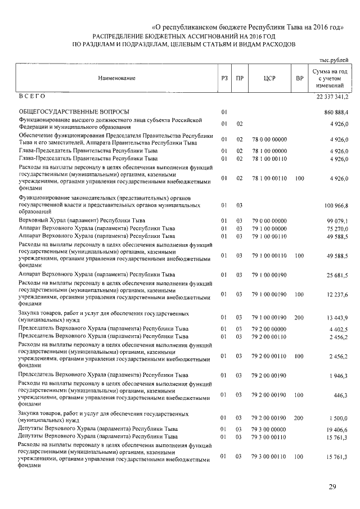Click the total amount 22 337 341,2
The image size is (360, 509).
pyautogui.click(x=328, y=97)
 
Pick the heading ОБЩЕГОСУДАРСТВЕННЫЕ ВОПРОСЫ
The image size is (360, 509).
pyautogui.click(x=74, y=112)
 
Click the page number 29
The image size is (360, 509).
pyautogui.click(x=332, y=487)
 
